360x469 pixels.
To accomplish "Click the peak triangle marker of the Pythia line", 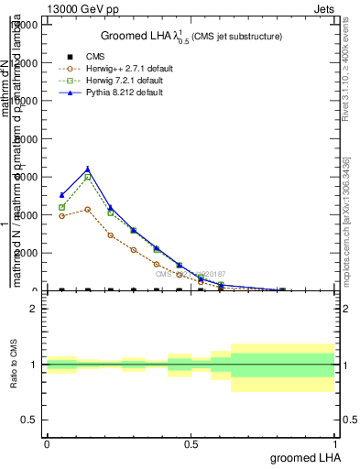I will (x=87, y=169).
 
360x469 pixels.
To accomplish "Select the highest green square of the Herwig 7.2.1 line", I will (x=87, y=177).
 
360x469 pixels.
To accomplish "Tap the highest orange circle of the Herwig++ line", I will (x=87, y=209).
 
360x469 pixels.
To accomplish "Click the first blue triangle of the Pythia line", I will (x=61, y=195).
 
